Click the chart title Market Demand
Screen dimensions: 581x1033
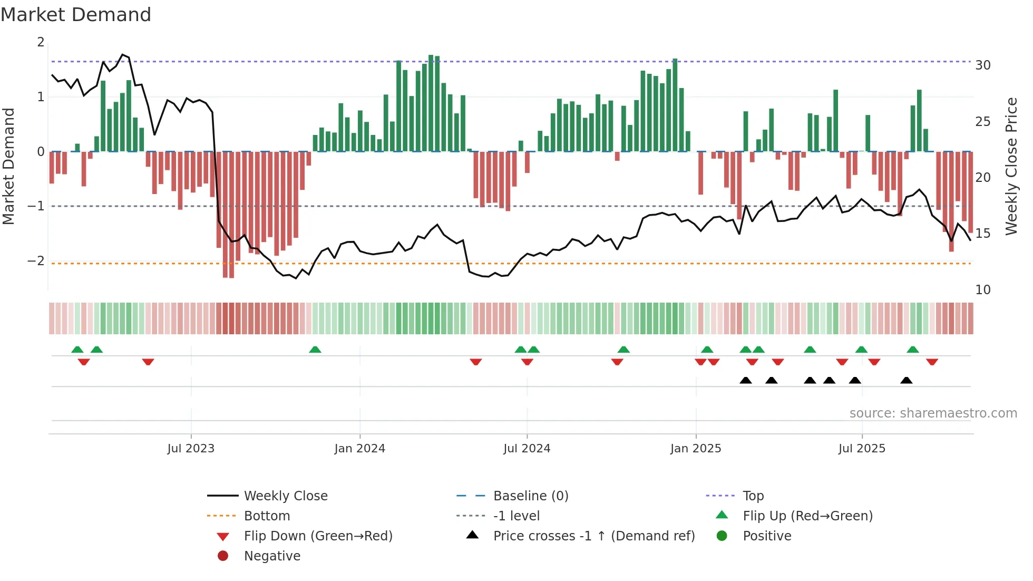point(76,14)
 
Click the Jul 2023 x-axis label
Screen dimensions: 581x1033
point(191,449)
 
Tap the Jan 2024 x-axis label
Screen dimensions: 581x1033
point(359,449)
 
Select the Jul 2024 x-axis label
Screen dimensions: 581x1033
point(527,449)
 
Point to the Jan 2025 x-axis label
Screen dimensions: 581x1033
point(696,449)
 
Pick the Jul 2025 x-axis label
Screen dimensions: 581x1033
point(862,449)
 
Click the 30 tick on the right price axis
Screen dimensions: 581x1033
point(982,65)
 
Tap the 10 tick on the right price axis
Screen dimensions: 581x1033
point(982,289)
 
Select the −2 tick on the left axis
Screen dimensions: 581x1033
point(36,261)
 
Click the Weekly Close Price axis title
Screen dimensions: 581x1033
point(1011,166)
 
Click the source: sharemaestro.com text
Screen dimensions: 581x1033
point(933,413)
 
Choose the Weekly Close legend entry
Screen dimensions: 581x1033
point(285,496)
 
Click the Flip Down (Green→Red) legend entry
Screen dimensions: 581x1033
point(318,536)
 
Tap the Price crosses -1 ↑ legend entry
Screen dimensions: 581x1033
point(593,536)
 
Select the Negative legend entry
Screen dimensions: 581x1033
point(272,556)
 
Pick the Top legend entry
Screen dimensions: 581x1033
point(753,496)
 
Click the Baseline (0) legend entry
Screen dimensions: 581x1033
point(530,496)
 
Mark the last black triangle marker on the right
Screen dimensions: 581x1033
point(906,381)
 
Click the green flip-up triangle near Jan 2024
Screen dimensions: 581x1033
point(315,350)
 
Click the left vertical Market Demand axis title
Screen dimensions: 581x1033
point(8,166)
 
